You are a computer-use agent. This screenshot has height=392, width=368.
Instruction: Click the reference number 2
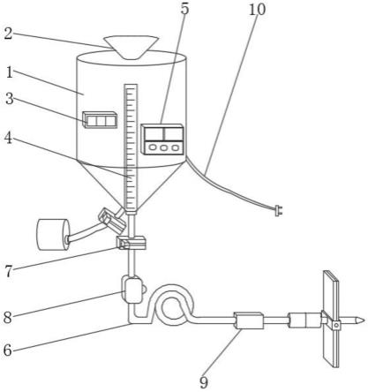tap(8, 34)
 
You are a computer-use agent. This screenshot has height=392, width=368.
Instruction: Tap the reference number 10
tap(257, 10)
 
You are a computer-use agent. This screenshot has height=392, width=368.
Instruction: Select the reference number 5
tap(184, 9)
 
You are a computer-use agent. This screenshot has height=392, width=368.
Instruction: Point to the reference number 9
tap(204, 382)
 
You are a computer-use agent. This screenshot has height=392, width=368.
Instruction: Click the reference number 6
tap(8, 351)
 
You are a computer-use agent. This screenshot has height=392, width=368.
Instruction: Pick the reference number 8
tap(8, 318)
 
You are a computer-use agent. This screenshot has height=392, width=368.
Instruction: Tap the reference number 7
tap(9, 271)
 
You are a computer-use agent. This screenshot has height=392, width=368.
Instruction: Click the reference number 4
tap(9, 138)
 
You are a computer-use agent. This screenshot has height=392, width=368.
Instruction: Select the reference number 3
tap(10, 99)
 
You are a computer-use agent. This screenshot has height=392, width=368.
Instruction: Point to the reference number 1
tap(10, 72)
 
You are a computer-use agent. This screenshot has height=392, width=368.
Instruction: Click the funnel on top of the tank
tap(131, 47)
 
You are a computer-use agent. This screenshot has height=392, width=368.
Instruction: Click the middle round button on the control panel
tap(163, 148)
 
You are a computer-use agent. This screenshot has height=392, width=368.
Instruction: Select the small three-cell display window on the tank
tap(100, 120)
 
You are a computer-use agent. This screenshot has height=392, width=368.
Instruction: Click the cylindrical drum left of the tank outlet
tap(53, 235)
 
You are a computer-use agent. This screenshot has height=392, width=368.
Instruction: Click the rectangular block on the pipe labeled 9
tap(249, 320)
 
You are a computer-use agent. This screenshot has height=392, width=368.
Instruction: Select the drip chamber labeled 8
tap(133, 290)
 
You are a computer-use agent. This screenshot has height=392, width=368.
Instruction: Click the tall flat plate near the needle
tap(331, 319)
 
